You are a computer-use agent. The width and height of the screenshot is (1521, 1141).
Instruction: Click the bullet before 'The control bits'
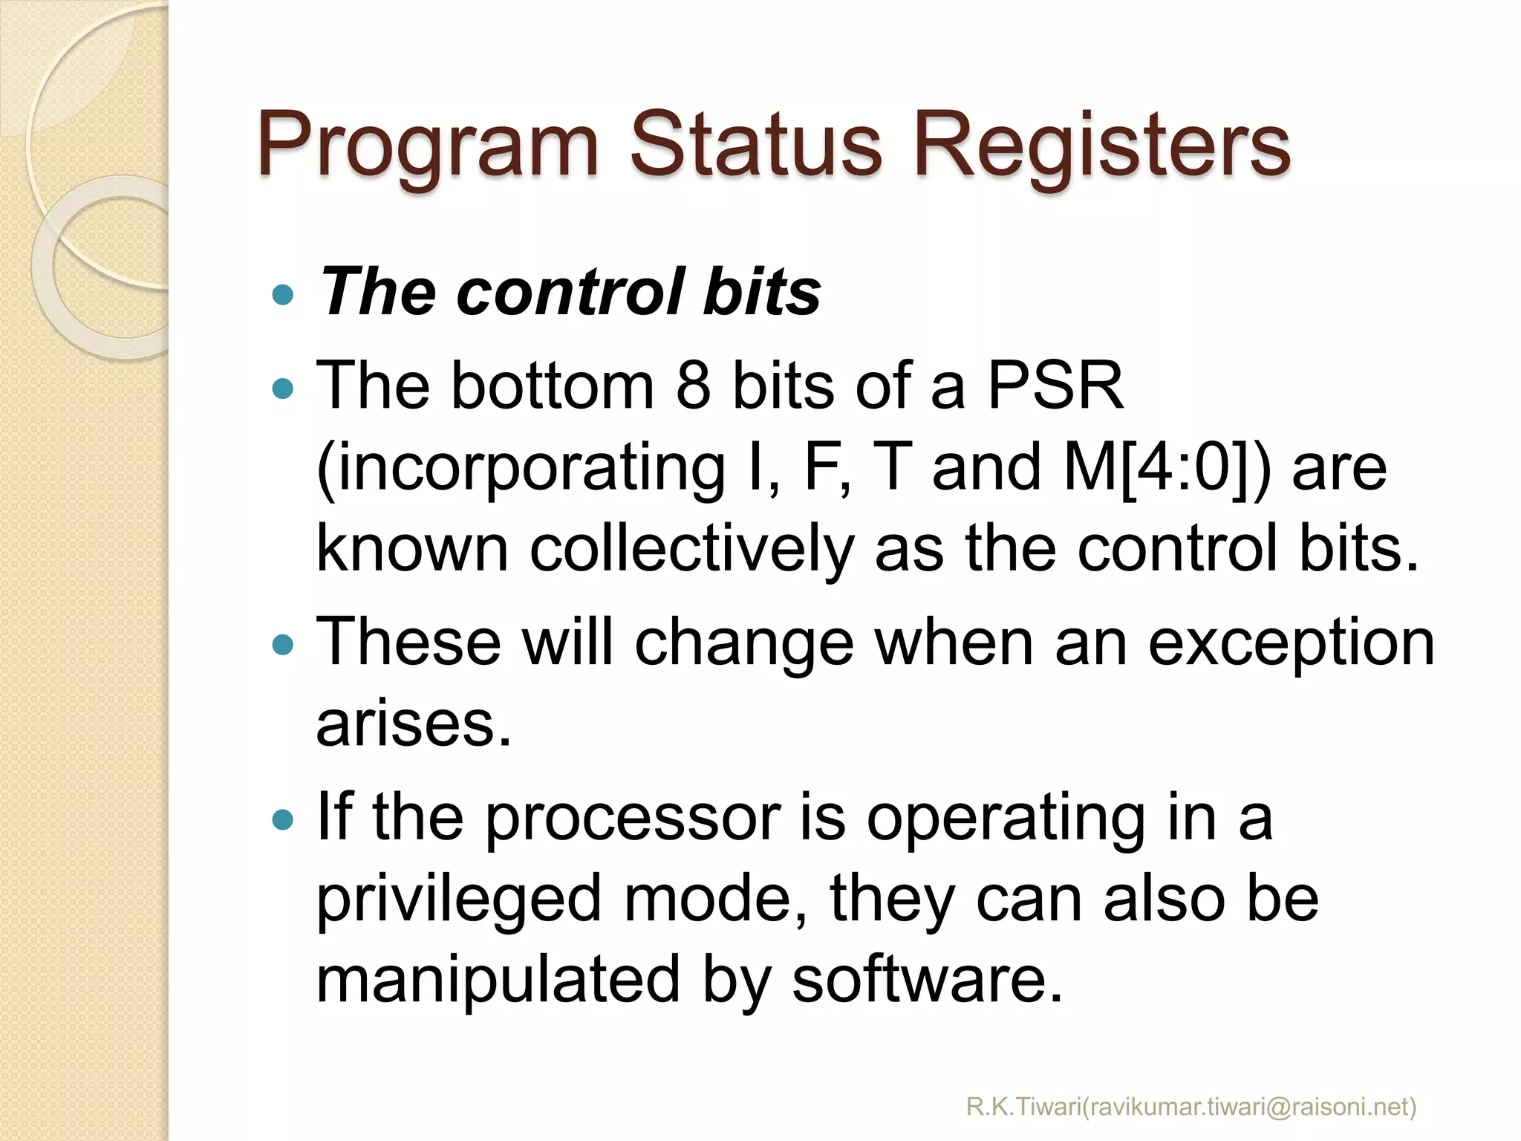click(x=283, y=296)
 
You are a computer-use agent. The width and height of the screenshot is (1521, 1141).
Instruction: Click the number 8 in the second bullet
click(x=693, y=386)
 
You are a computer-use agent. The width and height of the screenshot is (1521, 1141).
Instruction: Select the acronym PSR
click(x=1055, y=386)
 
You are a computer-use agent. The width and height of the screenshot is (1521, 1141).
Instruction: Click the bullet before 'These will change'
click(x=283, y=643)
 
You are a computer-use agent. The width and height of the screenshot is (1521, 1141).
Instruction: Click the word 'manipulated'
click(x=498, y=979)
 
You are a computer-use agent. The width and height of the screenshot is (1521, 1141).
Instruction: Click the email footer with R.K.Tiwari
click(x=1191, y=1108)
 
